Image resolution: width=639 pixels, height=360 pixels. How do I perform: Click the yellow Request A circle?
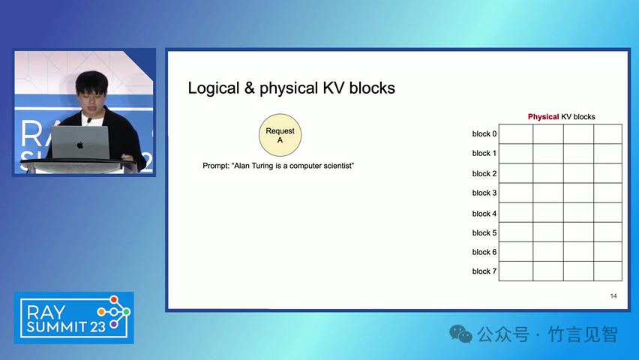[280, 135]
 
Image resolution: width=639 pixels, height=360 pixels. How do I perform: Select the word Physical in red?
[543, 117]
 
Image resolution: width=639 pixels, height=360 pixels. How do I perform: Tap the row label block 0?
[484, 133]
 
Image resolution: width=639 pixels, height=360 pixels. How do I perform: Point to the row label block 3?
[484, 193]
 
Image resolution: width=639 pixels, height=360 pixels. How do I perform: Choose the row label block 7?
[484, 271]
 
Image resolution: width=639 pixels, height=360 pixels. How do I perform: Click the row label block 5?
[484, 232]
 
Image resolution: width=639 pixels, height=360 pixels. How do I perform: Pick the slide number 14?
[613, 296]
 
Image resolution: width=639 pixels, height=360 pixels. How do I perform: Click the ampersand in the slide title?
[250, 88]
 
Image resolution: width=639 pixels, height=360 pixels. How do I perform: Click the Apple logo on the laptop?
[80, 145]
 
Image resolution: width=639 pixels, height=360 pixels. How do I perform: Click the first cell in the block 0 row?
[516, 134]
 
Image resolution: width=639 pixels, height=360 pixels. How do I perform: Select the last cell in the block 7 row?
[607, 271]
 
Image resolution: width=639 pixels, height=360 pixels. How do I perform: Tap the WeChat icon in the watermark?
[460, 334]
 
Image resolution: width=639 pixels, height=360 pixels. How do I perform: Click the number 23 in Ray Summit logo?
[97, 326]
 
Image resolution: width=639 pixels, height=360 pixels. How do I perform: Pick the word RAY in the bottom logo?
[46, 313]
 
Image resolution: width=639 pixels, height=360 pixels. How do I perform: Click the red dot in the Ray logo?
[114, 300]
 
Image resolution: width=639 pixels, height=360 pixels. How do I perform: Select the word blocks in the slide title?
[372, 88]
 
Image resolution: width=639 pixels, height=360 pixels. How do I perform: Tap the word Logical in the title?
[214, 88]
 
